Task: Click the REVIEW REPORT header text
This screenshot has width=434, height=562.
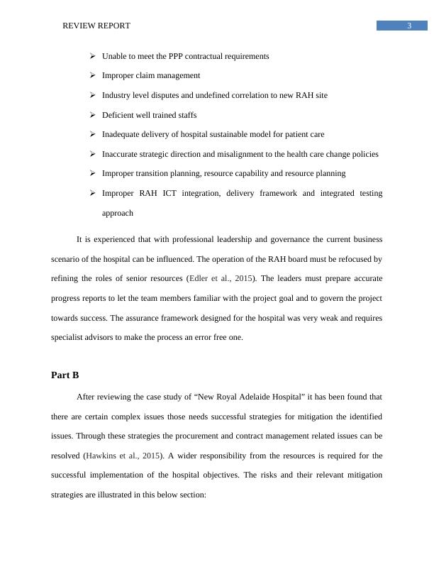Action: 96,26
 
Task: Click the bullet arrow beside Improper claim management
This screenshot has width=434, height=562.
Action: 93,75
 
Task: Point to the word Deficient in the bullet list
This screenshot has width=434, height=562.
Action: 118,115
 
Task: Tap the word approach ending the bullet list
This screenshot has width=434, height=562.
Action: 118,213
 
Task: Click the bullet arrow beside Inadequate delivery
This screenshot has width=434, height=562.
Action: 93,134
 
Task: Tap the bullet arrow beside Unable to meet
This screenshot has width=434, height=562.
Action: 93,56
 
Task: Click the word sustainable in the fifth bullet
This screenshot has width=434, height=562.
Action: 213,134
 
